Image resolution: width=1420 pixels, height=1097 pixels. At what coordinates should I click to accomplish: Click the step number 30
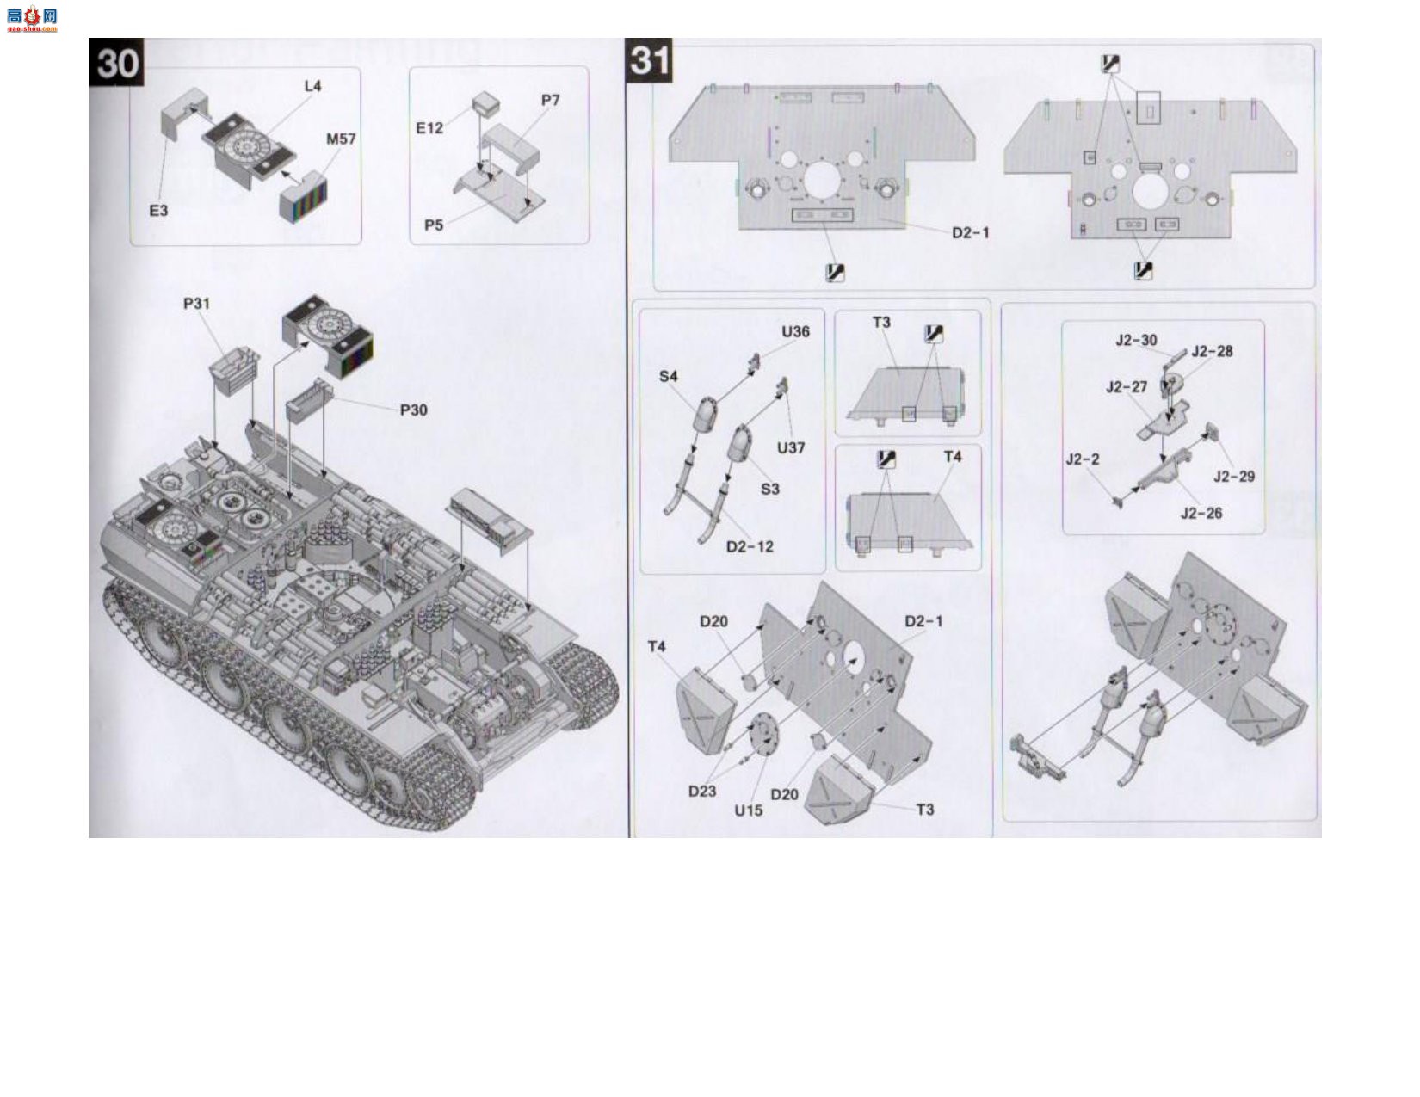click(116, 63)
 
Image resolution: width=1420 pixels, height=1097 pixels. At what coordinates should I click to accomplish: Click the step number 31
click(649, 60)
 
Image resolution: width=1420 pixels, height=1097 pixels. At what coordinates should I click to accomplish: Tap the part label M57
click(341, 139)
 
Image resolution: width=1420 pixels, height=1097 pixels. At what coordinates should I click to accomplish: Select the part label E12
click(429, 128)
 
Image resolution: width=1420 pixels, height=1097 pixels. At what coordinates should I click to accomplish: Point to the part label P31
click(196, 304)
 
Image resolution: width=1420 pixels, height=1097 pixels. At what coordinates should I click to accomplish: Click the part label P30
click(413, 410)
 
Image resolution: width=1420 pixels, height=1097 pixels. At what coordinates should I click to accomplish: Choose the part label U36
click(795, 332)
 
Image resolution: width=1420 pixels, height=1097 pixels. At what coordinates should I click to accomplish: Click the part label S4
click(668, 376)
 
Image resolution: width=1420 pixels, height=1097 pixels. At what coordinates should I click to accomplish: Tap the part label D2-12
click(750, 547)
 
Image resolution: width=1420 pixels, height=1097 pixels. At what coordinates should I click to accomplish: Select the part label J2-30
click(1136, 341)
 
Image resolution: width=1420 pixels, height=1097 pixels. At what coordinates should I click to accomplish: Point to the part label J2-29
click(1234, 477)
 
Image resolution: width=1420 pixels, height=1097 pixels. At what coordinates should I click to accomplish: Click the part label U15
click(748, 810)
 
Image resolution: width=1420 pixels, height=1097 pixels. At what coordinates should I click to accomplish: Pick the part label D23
click(702, 792)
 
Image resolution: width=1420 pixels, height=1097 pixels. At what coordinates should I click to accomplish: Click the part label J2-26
click(1201, 514)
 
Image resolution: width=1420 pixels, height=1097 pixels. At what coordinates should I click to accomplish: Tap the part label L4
click(312, 86)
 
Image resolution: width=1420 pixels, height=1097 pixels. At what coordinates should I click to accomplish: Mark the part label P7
click(550, 101)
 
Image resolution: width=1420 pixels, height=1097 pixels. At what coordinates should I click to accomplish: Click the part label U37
click(791, 448)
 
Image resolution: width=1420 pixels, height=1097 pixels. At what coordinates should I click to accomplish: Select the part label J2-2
click(1082, 459)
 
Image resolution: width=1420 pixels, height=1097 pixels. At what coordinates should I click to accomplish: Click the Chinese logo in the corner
click(32, 18)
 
